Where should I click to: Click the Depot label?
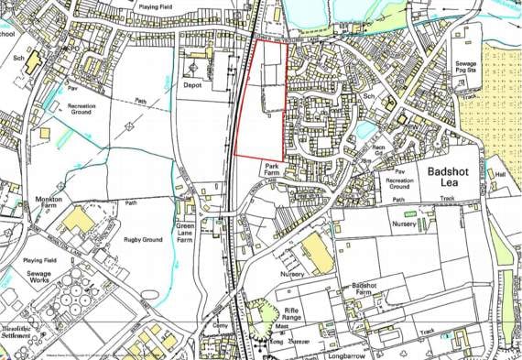192,85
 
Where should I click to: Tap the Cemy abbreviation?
219,325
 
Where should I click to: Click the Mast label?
283,323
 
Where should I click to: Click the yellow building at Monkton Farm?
78,219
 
